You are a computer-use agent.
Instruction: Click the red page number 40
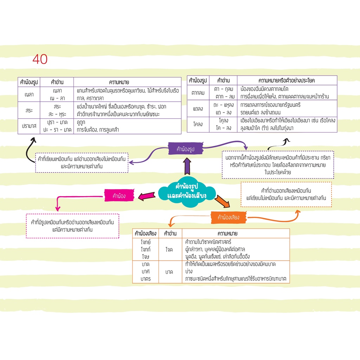coord(40,59)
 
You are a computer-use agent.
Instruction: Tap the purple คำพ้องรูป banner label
coord(186,149)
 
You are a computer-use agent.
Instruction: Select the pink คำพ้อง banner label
coord(119,195)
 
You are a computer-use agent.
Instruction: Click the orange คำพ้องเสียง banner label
coord(229,217)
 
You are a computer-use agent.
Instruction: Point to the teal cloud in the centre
coord(187,192)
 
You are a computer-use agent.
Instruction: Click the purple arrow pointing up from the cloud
coord(187,166)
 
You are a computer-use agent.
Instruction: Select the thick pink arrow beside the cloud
coord(147,196)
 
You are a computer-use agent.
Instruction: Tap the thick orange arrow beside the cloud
coord(222,201)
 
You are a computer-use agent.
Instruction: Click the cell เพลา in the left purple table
coord(29,94)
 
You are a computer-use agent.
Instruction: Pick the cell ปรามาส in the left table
coord(29,126)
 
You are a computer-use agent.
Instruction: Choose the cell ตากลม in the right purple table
coord(198,93)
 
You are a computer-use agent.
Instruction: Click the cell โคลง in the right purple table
coord(198,124)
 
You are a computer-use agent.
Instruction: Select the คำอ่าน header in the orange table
coord(170,233)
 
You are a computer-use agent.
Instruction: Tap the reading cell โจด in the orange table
coord(169,249)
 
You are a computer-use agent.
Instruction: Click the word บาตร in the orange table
coord(146,279)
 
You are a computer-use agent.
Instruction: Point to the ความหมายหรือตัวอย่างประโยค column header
coord(287,81)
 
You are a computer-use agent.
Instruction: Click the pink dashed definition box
coord(72,226)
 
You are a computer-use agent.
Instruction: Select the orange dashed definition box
coord(286,194)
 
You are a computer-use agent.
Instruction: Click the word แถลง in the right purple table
coord(198,109)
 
